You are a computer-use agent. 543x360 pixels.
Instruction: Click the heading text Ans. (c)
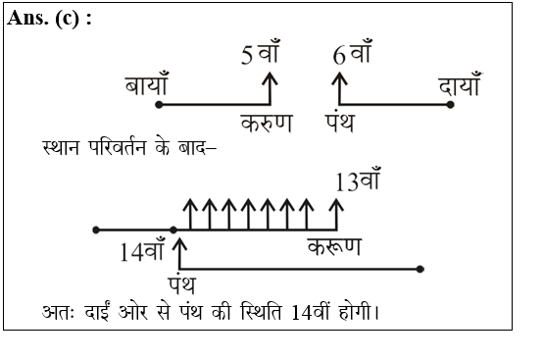click(x=49, y=21)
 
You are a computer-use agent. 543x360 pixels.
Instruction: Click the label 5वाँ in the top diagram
click(x=261, y=56)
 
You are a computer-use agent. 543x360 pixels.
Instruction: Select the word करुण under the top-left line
click(x=266, y=125)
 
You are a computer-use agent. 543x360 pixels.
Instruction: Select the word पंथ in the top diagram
click(x=345, y=125)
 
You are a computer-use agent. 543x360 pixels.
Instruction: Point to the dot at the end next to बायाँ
click(x=158, y=104)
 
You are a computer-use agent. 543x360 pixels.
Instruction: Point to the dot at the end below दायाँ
click(x=451, y=104)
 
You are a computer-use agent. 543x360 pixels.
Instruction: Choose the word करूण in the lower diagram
click(x=333, y=246)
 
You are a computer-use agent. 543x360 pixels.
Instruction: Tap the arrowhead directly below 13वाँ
click(x=338, y=205)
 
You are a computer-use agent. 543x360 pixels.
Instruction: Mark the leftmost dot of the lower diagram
click(x=95, y=231)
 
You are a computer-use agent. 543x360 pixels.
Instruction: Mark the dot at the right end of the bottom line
click(x=420, y=268)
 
